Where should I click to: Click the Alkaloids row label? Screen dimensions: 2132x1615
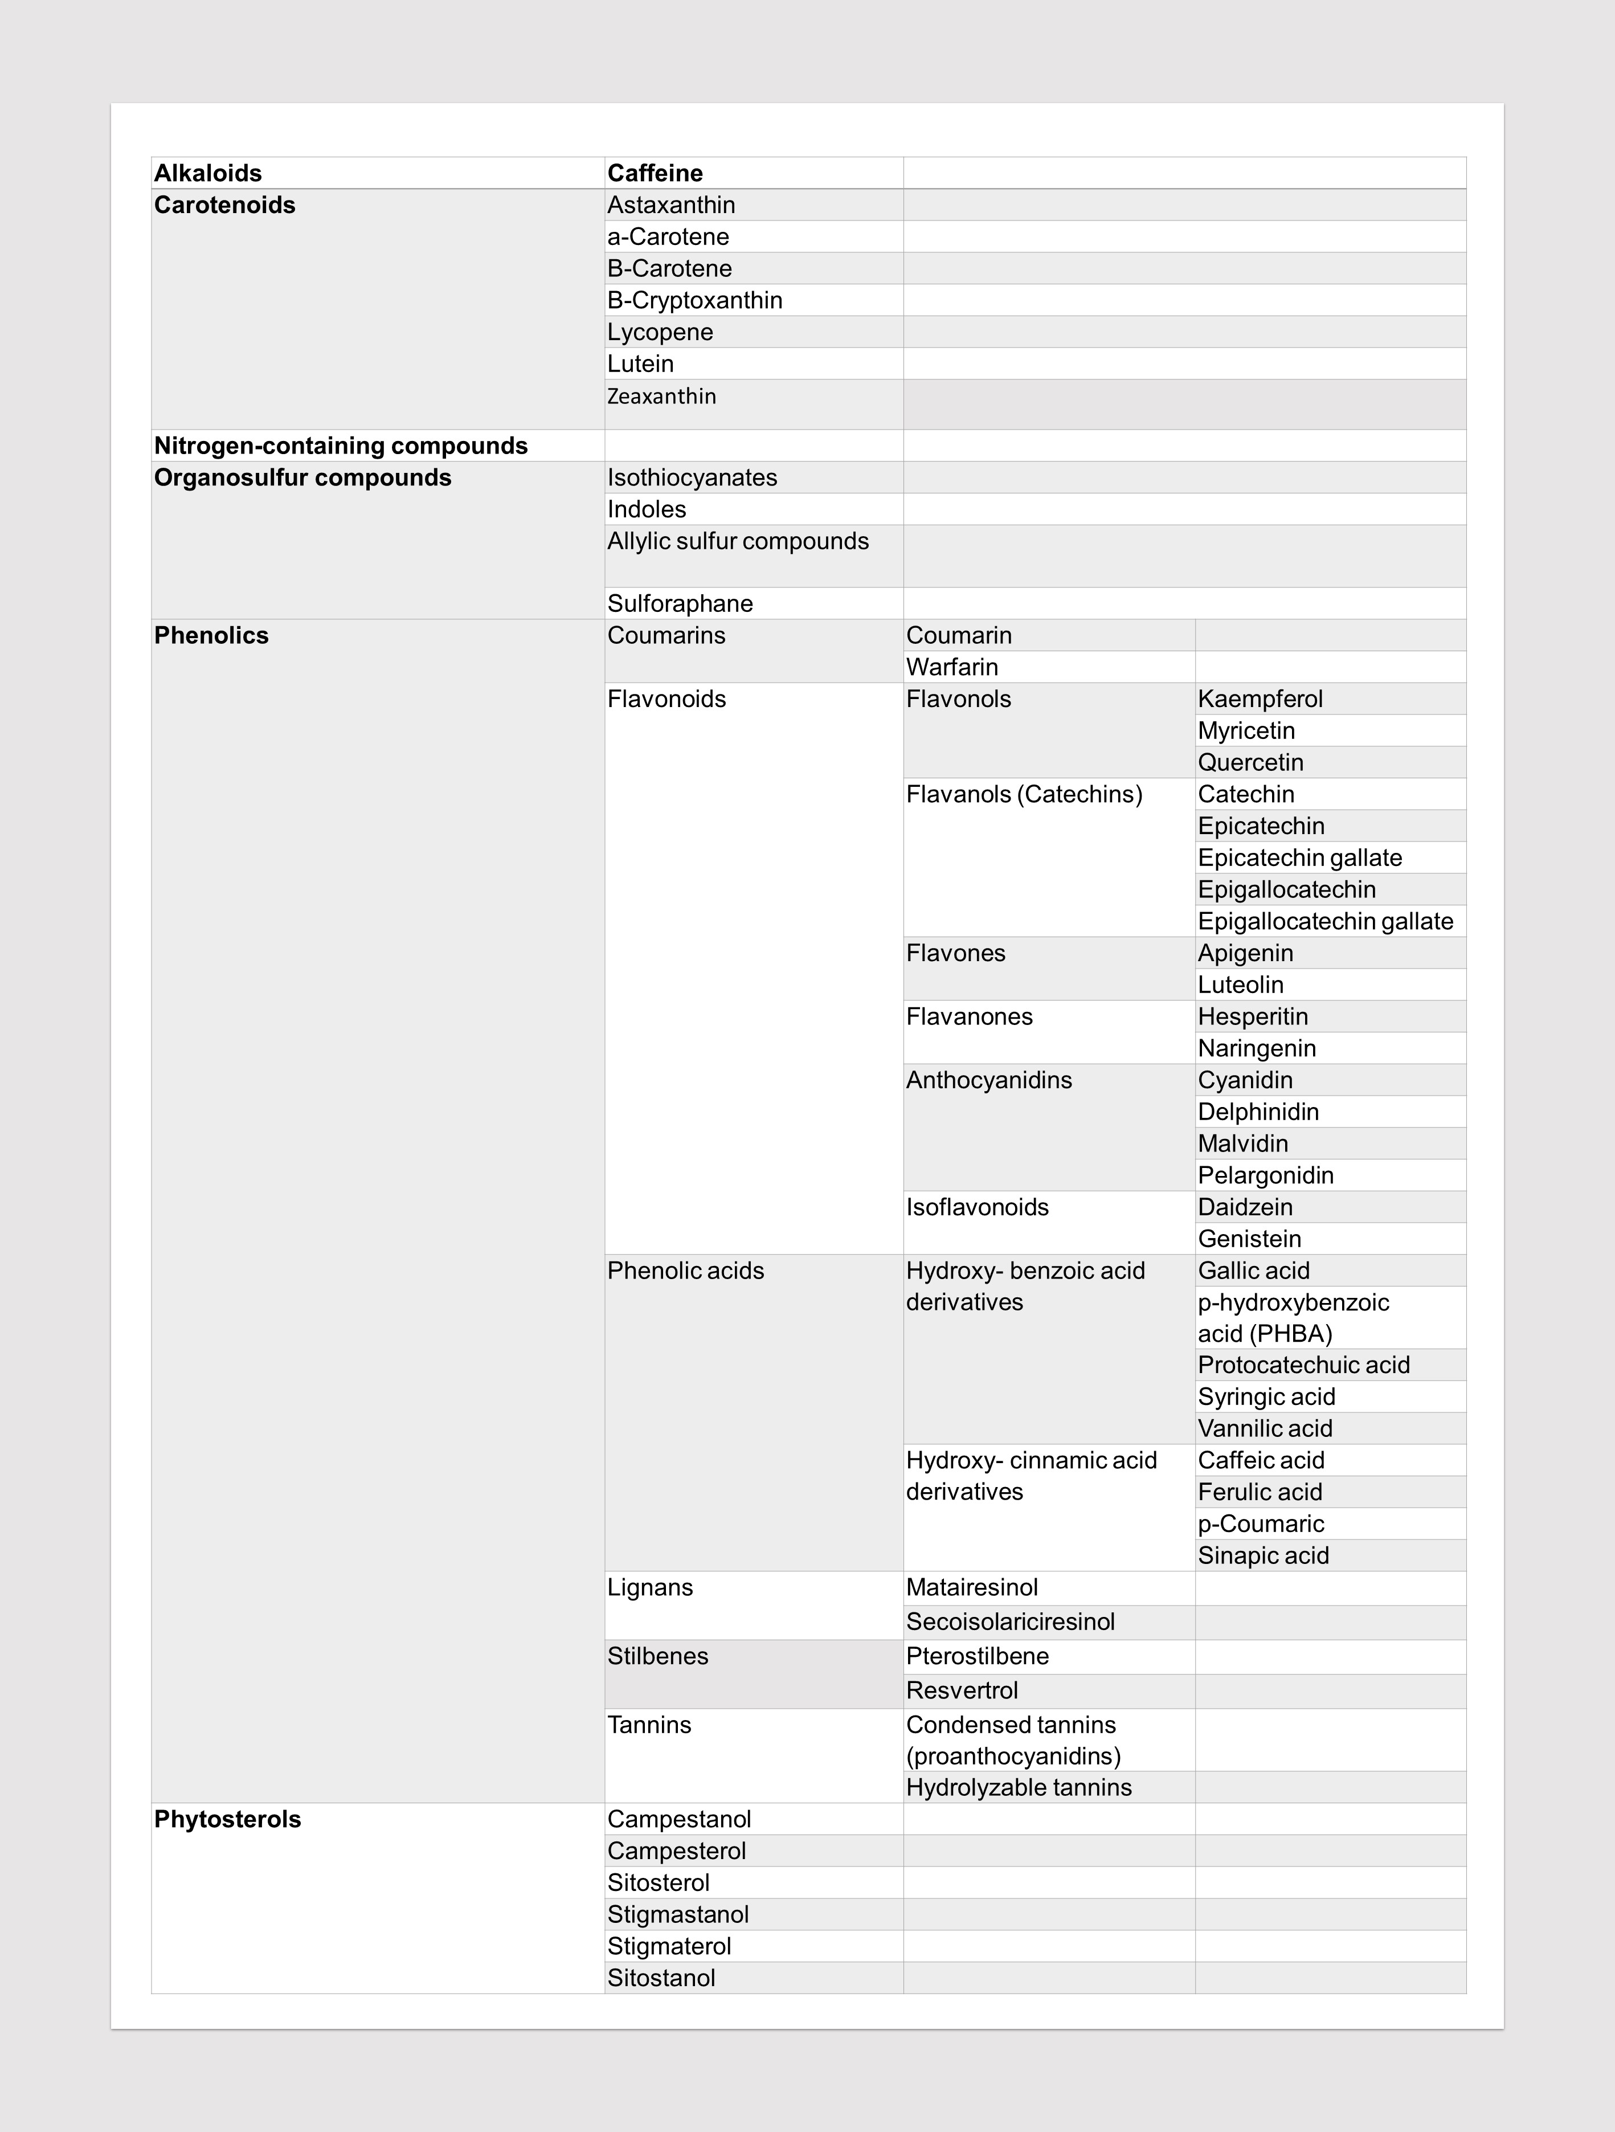click(x=208, y=174)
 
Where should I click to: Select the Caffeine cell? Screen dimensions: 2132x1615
click(x=655, y=174)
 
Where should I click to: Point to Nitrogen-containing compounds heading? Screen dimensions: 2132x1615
click(x=341, y=446)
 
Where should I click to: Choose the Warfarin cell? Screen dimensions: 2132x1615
click(x=952, y=667)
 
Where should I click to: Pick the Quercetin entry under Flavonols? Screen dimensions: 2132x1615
click(x=1251, y=762)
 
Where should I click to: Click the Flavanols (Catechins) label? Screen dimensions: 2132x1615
click(x=1024, y=794)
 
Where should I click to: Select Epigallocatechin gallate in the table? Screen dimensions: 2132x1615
click(x=1325, y=921)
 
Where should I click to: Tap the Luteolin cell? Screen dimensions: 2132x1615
click(x=1241, y=985)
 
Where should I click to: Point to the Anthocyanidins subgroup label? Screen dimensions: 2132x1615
click(x=989, y=1080)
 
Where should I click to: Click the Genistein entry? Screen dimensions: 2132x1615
click(x=1250, y=1240)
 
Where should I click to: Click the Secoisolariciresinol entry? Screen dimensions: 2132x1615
click(x=1010, y=1622)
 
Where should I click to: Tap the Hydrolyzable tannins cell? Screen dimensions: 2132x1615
click(x=1019, y=1788)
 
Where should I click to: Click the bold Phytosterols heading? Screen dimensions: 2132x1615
click(x=227, y=1820)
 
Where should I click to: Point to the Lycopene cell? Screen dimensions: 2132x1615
click(x=660, y=333)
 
